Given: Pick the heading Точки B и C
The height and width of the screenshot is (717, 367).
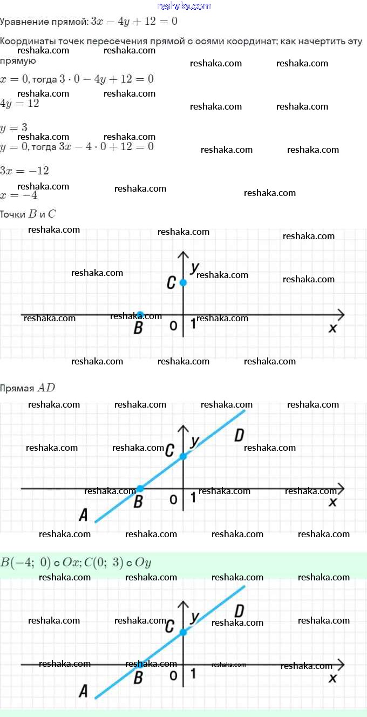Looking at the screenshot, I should coord(28,214).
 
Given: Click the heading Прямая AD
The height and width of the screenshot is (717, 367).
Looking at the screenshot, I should coord(28,388).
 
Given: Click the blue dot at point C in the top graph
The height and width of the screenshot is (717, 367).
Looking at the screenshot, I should coord(183,282).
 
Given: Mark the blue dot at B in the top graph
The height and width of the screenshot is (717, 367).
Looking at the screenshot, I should coord(140,315).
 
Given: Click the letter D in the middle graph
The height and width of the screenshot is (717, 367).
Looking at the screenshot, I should coord(240,435).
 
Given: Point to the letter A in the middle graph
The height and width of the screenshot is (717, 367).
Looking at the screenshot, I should coord(83,515).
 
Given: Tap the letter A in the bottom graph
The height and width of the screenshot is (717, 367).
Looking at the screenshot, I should coord(83,691).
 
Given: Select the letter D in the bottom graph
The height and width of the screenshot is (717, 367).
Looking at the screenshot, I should coord(240,611).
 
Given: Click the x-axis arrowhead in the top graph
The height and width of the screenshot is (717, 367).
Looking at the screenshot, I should coord(341,315).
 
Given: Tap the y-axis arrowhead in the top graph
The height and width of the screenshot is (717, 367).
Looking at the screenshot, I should coord(183,255).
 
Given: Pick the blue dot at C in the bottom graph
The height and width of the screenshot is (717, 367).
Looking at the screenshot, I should coord(183,632).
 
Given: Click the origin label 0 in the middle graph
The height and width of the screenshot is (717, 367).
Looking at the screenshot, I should coord(173,500).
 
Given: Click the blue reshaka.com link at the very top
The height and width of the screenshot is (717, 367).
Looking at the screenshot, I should coord(183,6).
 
